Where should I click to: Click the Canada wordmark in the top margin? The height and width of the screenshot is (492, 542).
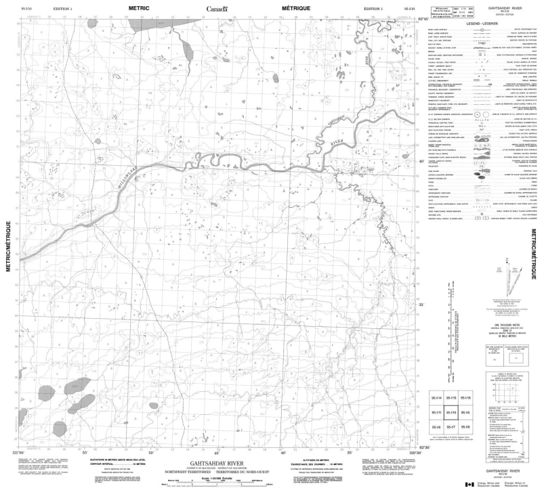point(217,9)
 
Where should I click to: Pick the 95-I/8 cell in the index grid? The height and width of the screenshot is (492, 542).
point(464,427)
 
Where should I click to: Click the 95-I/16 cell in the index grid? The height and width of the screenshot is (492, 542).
point(464,398)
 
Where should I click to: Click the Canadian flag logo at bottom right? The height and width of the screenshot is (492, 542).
point(469,483)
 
